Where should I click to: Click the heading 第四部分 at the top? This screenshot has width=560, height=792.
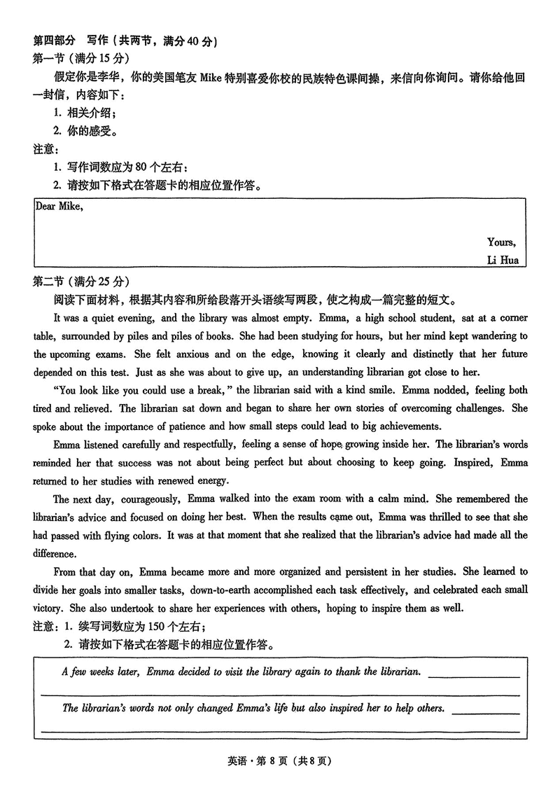tap(55, 41)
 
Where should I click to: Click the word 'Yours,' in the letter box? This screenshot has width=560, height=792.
tap(501, 242)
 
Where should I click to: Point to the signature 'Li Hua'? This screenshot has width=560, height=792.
tap(502, 260)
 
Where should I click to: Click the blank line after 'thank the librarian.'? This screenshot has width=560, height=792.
tap(473, 675)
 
